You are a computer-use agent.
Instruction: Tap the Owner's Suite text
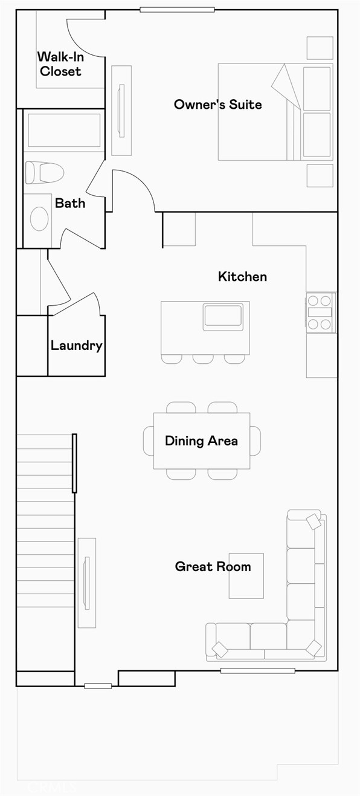217,105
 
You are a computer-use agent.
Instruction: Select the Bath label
70,203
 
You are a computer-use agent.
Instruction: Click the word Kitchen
242,277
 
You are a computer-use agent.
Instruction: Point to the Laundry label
76,346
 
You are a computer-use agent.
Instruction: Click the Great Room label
213,566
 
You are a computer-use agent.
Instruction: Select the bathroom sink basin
39,219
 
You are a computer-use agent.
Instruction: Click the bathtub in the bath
64,131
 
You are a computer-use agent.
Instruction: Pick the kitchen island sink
223,316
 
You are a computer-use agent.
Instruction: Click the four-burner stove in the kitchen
320,312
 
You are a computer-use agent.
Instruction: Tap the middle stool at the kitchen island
203,359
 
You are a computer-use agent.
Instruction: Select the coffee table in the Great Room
246,575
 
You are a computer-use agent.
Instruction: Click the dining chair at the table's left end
148,441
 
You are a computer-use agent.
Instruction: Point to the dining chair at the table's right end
256,441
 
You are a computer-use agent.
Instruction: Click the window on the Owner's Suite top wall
177,10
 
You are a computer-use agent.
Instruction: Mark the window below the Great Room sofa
257,670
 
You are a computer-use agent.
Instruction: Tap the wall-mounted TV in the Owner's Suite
121,110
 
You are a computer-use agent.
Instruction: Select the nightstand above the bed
320,48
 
